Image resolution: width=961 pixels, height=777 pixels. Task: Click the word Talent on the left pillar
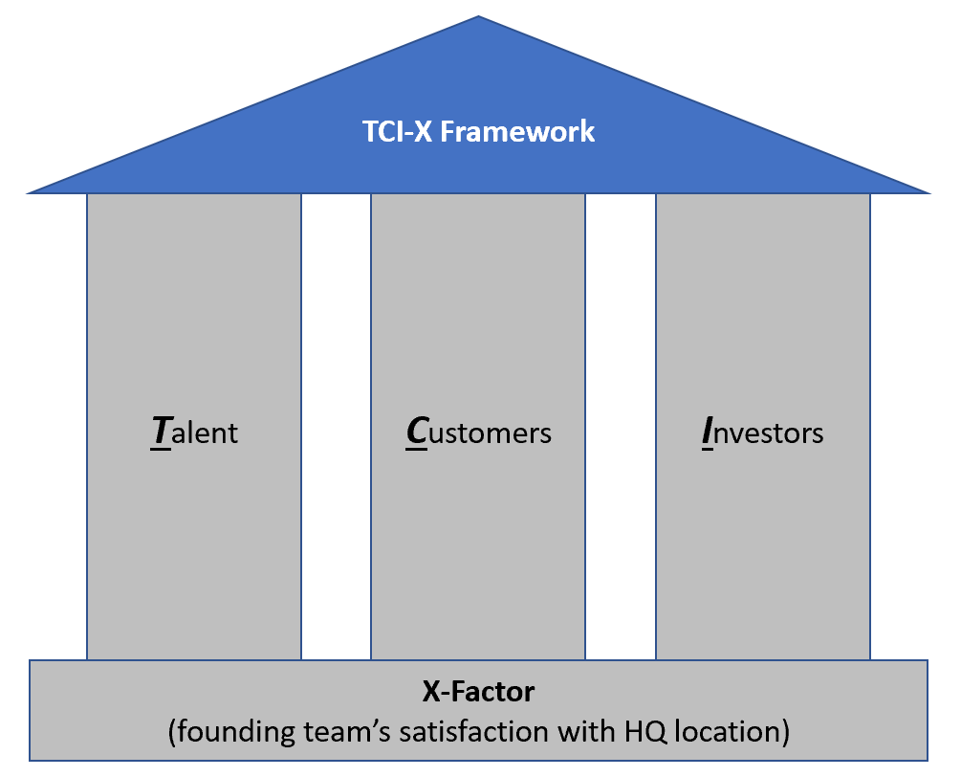click(194, 433)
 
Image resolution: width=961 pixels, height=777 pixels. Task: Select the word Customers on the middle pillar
click(478, 433)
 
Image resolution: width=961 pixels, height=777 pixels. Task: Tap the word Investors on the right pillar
click(762, 433)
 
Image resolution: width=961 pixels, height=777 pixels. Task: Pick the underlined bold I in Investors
click(707, 433)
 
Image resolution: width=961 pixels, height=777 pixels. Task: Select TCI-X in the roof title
click(402, 131)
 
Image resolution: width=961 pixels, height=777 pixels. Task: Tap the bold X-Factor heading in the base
click(478, 691)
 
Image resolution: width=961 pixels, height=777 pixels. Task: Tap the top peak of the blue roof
click(478, 19)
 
